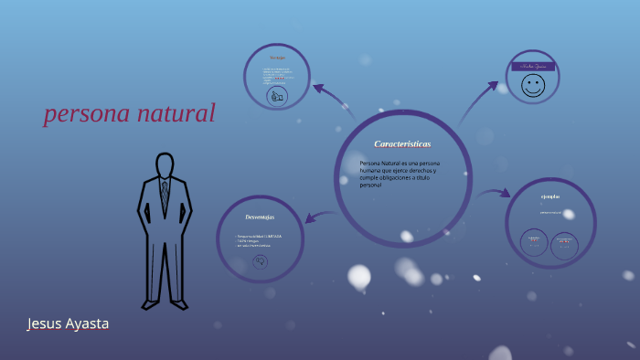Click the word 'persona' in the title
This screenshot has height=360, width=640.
coord(87,113)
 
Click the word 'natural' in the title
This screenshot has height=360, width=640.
coord(176,113)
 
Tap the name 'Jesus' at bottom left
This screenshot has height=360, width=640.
coord(45,323)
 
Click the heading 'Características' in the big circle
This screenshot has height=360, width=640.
coord(402,144)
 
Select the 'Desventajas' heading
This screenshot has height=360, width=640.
coord(260,217)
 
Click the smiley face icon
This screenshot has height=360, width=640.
coord(532,87)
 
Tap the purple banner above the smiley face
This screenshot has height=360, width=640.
coord(532,67)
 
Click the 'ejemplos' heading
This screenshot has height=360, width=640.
coord(549,196)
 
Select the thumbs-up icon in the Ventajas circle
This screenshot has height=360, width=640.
coord(277,95)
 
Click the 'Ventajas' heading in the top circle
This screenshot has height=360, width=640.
coord(277,58)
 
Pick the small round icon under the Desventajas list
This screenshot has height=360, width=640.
coord(260,262)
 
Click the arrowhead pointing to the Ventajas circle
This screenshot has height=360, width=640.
coord(318,89)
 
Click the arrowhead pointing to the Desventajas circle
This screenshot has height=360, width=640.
coord(310,218)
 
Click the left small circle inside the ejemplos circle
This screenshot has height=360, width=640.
coord(534,242)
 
